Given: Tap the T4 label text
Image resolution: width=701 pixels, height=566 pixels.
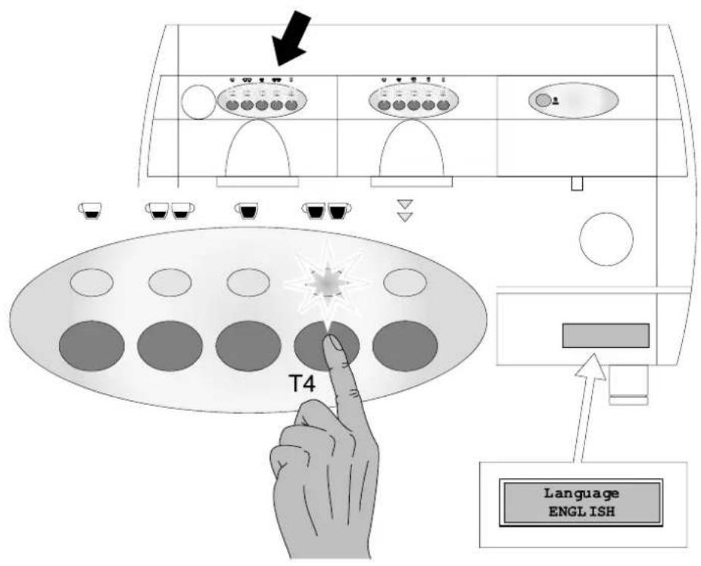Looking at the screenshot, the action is pos(303,384).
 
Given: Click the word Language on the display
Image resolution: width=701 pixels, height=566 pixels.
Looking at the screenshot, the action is pos(581,493).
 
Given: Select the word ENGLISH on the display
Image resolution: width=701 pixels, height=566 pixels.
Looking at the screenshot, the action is pos(581,512).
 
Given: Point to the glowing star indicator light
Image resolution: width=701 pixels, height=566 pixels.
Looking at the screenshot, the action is pos(327,283).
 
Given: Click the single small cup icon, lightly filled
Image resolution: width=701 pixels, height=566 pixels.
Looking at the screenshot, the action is pos(90,210).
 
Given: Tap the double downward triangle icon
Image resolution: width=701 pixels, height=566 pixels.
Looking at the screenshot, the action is pos(406,210).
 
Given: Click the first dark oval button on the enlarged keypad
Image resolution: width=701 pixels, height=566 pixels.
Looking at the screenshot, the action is pos(92,346).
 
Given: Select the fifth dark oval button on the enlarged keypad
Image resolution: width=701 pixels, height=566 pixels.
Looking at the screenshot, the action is pos(405,346).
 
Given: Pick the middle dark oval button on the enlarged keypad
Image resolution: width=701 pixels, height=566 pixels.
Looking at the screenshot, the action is pos(248,346).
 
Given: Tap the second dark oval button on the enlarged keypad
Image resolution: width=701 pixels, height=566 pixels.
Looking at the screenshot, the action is pos(170,346).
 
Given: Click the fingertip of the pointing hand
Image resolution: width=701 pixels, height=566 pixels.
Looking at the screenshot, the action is pos(334,343).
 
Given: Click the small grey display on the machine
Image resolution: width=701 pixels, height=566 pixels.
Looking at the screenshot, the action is pos(606,335).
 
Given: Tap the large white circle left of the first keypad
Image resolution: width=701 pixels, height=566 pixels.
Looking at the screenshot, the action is pos(198,102).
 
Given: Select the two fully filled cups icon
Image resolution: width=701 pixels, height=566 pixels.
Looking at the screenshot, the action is pos(327,210).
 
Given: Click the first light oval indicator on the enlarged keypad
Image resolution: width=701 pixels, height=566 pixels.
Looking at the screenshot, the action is pos(92,282).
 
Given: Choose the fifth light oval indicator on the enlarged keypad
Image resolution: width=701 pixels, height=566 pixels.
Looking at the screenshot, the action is pos(405,282).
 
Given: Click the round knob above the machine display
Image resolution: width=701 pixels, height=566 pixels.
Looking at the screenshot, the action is pos(606,239).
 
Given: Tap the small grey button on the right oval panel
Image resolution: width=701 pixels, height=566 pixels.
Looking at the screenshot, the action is pos(544,101).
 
